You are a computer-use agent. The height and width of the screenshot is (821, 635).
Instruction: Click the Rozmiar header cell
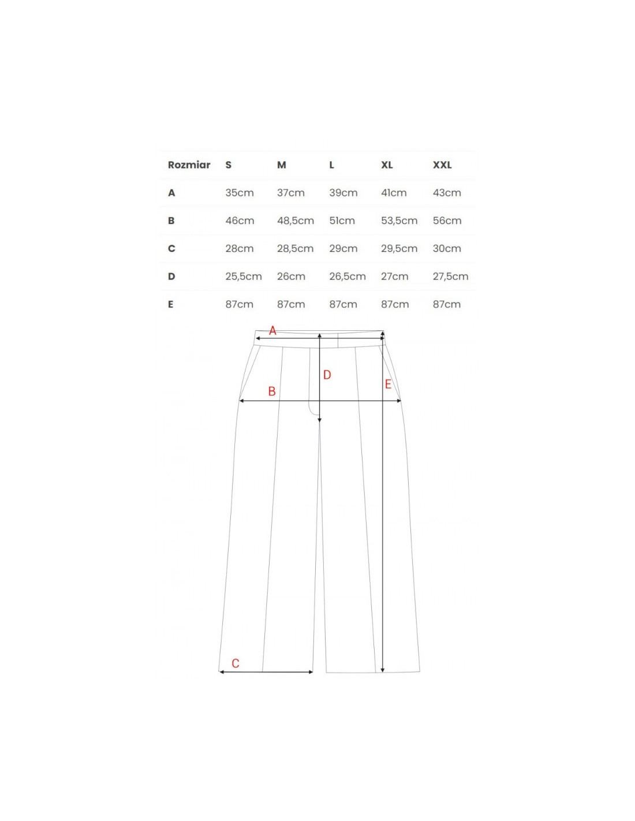tap(189, 165)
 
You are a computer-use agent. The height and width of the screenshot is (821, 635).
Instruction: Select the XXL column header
tap(442, 165)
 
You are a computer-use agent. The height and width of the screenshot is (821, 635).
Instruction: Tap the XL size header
tap(387, 165)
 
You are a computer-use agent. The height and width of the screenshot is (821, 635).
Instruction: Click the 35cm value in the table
tap(240, 193)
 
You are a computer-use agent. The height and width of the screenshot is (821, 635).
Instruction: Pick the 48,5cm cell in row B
tap(296, 221)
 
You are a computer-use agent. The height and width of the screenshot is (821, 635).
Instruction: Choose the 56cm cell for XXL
tap(447, 221)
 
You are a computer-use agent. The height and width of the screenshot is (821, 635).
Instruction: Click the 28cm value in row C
tap(240, 249)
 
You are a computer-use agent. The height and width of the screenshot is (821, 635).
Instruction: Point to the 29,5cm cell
tap(399, 249)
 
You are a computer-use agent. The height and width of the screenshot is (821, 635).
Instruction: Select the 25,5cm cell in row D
tap(244, 277)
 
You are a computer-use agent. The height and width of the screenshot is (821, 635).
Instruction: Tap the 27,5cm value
tap(450, 277)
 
